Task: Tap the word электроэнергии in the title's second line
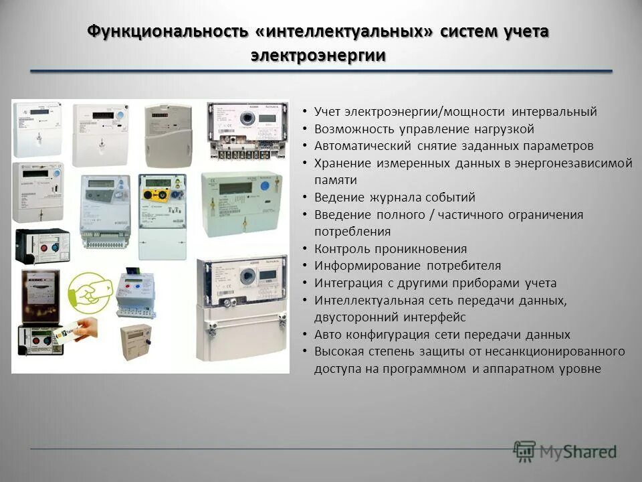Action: pos(318,55)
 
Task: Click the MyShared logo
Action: pos(564,451)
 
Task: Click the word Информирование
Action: pos(357,266)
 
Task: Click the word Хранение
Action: pos(340,163)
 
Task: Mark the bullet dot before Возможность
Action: pos(304,129)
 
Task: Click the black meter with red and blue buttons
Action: pos(41,247)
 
